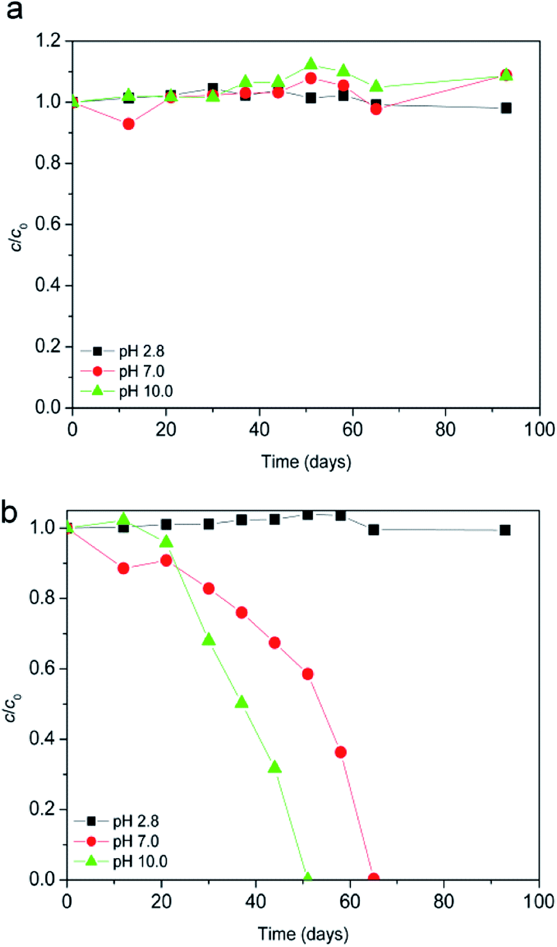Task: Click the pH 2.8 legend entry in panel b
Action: coord(136,822)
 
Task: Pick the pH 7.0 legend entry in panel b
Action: coord(136,841)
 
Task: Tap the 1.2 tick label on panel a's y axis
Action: coord(48,41)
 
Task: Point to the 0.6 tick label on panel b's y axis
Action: coord(42,668)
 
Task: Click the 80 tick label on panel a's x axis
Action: coord(445,430)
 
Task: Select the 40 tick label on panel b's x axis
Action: coord(256,901)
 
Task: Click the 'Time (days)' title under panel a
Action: coord(306,462)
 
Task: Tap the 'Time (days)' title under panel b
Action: coord(303,934)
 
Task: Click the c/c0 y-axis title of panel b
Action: coord(13,708)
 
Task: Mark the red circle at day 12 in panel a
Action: coord(128,124)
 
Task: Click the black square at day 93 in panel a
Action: coord(506,108)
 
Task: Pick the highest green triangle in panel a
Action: coord(310,64)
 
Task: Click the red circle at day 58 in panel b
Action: coord(341,752)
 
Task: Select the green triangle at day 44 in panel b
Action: coord(275,767)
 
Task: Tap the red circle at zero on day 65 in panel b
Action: coord(374,878)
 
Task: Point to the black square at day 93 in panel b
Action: coord(505,530)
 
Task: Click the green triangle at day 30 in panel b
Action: coord(208,640)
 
